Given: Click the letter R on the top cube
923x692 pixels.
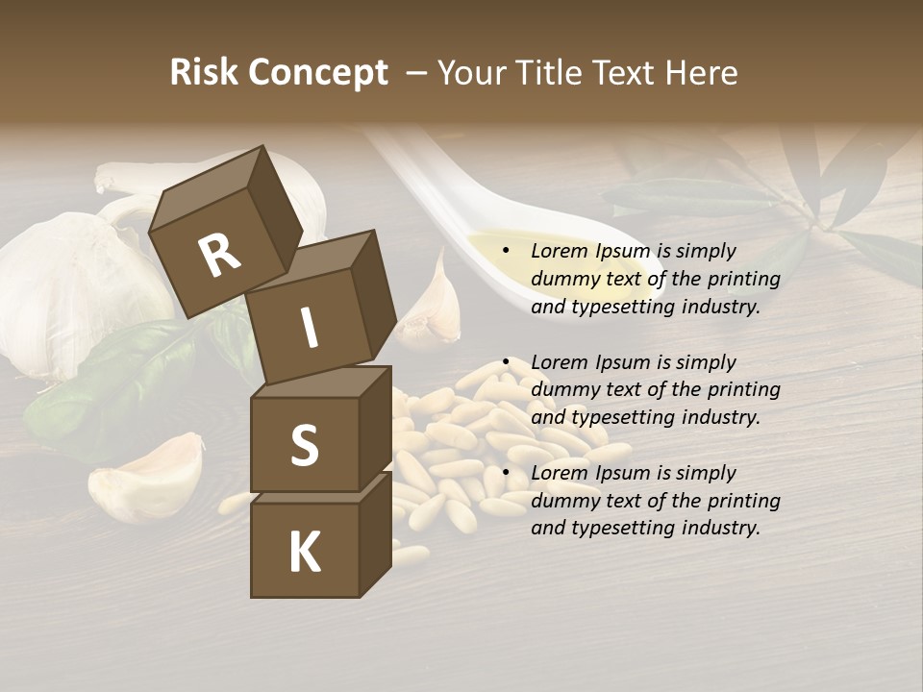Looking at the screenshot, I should coord(219,257).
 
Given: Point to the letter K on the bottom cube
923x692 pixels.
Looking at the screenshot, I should coord(304,553).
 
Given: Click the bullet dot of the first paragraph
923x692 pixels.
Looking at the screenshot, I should coord(506,251).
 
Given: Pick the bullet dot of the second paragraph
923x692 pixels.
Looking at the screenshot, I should coord(506,362).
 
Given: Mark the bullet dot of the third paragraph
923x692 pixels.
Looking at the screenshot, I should coord(506,473).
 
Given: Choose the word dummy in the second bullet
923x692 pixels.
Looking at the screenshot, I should coord(561,390).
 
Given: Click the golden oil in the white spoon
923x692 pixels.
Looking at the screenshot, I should coord(500,248).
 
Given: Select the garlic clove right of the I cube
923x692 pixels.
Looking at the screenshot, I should coord(432,308).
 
